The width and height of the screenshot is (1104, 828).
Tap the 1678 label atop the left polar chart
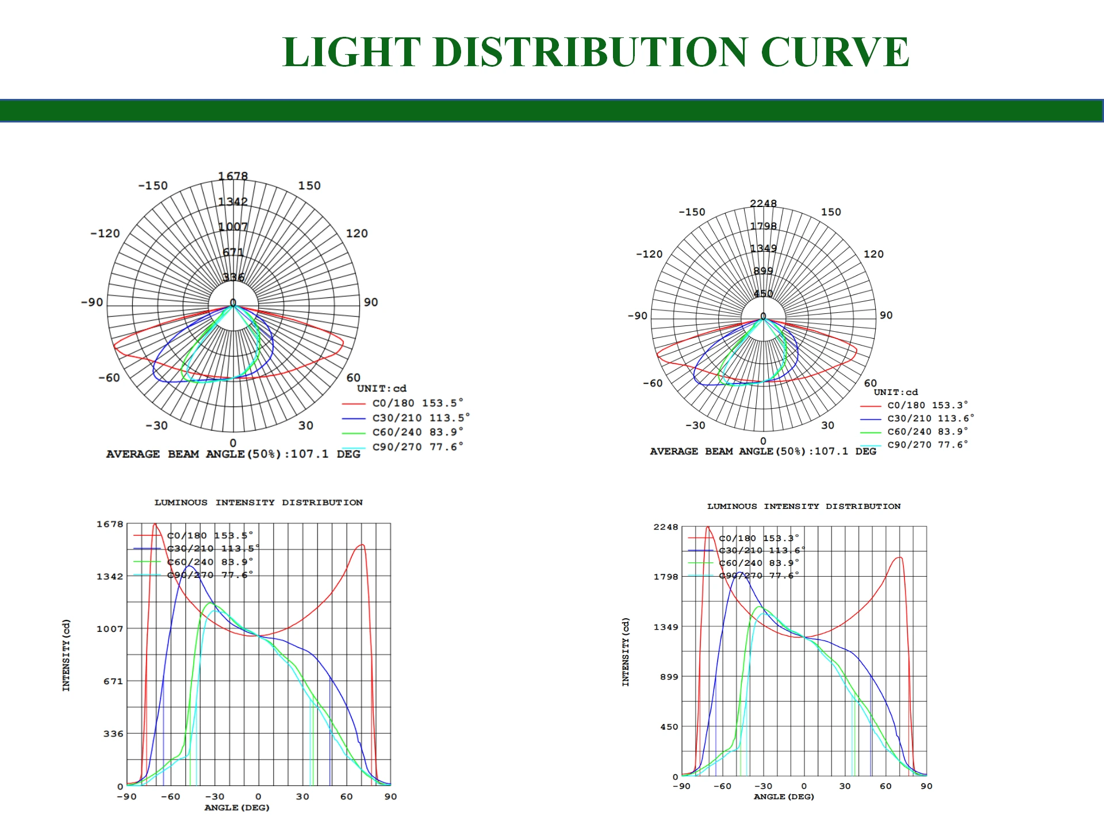(233, 176)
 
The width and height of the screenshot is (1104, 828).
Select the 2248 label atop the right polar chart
(763, 204)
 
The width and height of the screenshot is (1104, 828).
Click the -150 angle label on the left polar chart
(153, 186)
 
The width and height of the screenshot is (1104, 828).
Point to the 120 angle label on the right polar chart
(873, 254)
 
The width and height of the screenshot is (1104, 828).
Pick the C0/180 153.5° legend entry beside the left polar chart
(417, 403)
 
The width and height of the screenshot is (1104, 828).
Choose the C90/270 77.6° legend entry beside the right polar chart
(927, 444)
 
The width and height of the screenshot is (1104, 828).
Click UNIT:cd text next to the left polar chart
(381, 389)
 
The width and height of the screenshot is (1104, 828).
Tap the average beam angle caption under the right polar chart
(762, 451)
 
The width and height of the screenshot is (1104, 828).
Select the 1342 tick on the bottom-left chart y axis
(110, 577)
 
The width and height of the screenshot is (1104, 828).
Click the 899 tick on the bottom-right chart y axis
(669, 677)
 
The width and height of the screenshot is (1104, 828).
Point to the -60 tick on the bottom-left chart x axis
(170, 796)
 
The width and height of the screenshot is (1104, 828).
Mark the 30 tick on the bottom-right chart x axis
(845, 786)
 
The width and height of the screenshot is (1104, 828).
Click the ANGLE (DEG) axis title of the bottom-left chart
(237, 807)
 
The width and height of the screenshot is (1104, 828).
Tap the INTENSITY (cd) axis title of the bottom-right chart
(626, 652)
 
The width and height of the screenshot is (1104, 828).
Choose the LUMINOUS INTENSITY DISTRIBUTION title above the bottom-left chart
(258, 503)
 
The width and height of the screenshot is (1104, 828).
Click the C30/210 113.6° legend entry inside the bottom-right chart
(761, 550)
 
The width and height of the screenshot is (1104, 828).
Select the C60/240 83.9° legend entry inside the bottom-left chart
(210, 562)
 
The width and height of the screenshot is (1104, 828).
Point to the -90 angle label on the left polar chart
(92, 302)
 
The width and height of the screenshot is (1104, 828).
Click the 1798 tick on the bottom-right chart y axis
(666, 577)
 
